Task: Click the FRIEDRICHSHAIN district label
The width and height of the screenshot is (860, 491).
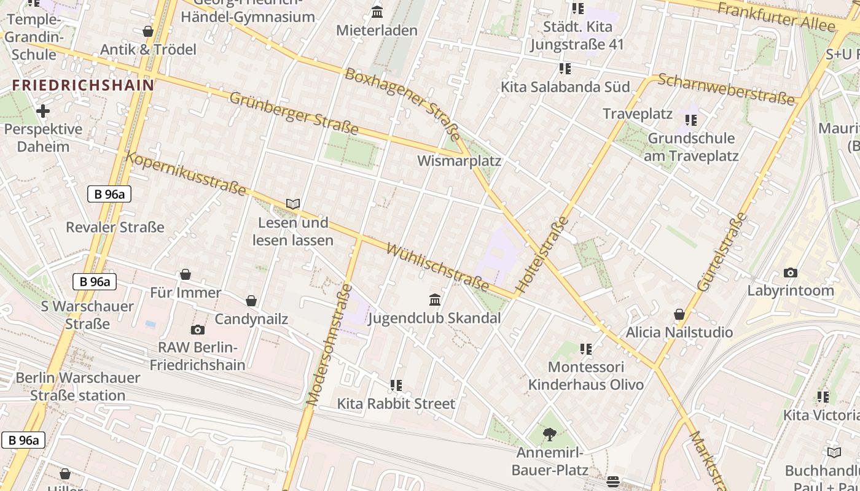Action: pyautogui.click(x=83, y=85)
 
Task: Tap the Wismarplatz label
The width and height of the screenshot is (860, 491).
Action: pyautogui.click(x=459, y=161)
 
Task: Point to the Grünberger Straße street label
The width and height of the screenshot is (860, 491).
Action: pyautogui.click(x=294, y=113)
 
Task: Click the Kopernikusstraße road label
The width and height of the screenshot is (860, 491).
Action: pyautogui.click(x=186, y=174)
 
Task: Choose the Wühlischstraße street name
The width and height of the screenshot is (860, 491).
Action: pyautogui.click(x=437, y=268)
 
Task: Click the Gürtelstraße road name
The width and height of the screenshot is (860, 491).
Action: pyautogui.click(x=722, y=252)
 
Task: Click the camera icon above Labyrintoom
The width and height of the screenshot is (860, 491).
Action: pyautogui.click(x=791, y=273)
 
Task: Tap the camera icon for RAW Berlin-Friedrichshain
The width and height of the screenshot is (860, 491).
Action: pyautogui.click(x=197, y=330)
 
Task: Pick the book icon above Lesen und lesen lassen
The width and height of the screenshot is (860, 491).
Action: pyautogui.click(x=293, y=204)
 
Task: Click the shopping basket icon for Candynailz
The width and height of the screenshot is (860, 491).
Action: pyautogui.click(x=251, y=301)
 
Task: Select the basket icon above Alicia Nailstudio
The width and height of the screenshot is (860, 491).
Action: pyautogui.click(x=679, y=314)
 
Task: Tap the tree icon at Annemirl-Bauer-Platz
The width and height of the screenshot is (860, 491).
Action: pyautogui.click(x=550, y=435)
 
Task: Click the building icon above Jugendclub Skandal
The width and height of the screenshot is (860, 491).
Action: pyautogui.click(x=435, y=300)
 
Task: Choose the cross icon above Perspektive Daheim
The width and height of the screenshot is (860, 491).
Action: pyautogui.click(x=42, y=111)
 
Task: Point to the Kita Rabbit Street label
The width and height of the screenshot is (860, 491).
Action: pyautogui.click(x=396, y=404)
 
